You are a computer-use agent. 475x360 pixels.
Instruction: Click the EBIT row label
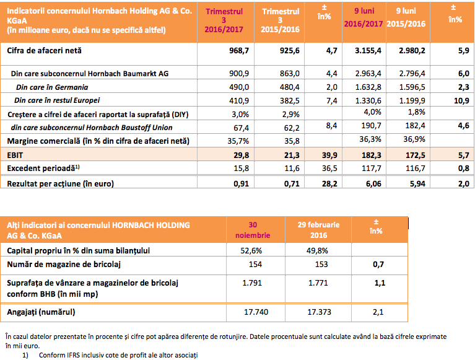click(15, 155)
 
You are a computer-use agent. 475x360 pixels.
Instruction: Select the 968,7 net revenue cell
click(239, 51)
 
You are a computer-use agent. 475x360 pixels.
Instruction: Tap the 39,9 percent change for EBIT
click(329, 155)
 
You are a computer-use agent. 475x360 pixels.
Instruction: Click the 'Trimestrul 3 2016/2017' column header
click(224, 20)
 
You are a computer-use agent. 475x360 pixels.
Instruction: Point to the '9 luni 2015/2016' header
click(406, 17)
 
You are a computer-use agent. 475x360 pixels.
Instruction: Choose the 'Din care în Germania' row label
click(52, 87)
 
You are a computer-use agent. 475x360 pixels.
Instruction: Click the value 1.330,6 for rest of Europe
click(368, 100)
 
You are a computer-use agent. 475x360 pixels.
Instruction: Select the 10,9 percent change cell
click(461, 100)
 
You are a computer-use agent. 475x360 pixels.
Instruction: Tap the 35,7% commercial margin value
click(238, 141)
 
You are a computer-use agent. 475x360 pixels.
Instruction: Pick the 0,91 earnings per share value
click(241, 183)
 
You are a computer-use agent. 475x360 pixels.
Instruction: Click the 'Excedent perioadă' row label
click(43, 168)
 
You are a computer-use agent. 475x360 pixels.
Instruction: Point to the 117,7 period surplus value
click(372, 168)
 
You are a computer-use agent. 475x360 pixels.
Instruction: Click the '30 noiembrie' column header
click(253, 230)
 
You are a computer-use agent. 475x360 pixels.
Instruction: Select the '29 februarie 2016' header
click(318, 230)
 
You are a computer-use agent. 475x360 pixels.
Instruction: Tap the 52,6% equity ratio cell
click(251, 250)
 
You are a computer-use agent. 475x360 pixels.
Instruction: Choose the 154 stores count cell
click(255, 264)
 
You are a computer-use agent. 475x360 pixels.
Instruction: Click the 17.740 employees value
click(256, 312)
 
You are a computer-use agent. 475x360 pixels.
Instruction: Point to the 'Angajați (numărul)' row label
click(41, 312)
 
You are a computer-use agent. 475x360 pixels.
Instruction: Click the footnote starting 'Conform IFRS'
click(118, 355)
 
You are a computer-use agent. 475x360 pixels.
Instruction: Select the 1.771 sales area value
click(318, 283)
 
